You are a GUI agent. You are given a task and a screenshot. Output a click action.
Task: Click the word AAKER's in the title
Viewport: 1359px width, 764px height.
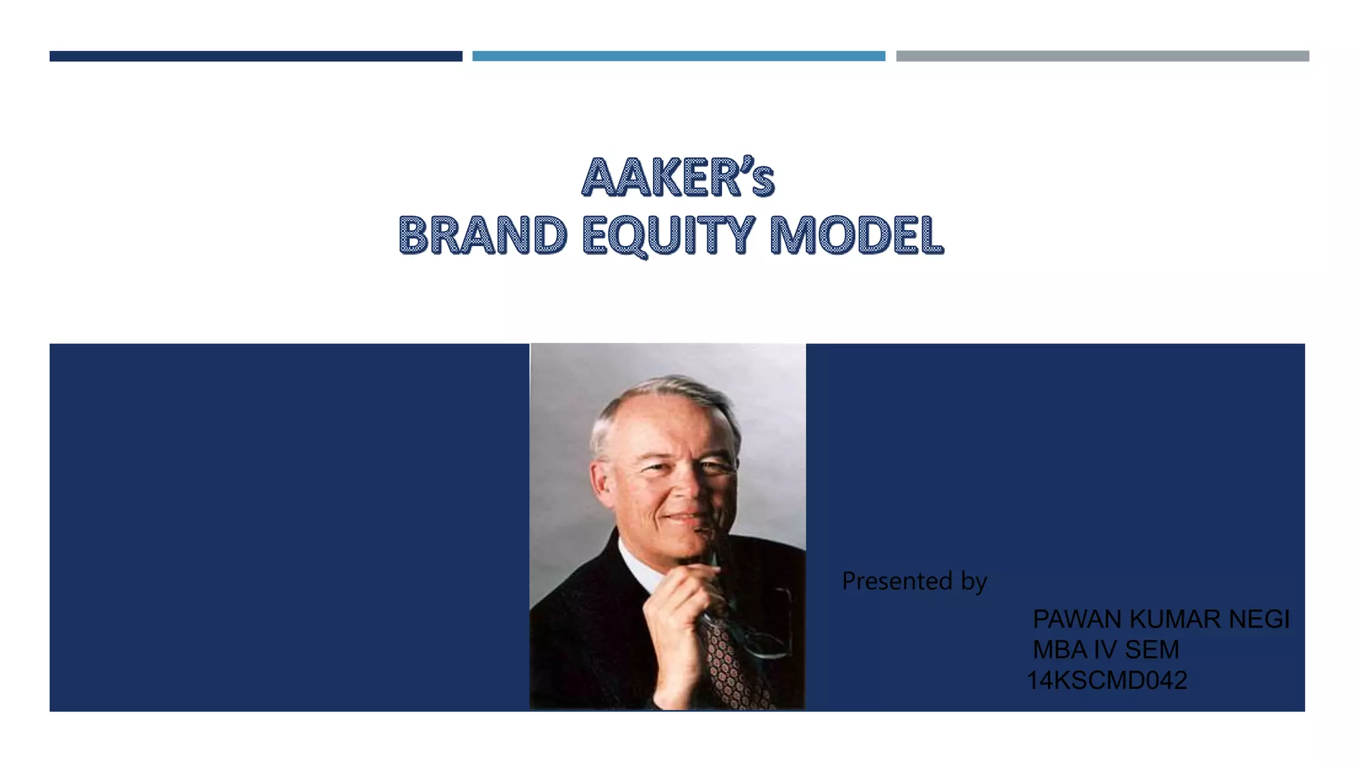[x=678, y=178]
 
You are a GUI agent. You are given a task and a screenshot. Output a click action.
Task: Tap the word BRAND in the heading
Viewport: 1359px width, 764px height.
[x=482, y=235]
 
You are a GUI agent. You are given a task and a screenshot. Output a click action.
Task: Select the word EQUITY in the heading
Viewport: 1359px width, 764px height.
[x=668, y=235]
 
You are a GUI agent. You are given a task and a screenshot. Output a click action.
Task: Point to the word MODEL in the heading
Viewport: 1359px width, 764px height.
[x=856, y=235]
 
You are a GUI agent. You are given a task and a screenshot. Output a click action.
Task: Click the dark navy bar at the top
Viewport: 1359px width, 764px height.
[x=255, y=56]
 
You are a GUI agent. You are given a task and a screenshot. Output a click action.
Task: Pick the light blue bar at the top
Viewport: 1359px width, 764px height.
[x=678, y=56]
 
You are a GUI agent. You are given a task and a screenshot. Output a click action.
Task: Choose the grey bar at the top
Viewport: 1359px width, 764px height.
[x=1102, y=56]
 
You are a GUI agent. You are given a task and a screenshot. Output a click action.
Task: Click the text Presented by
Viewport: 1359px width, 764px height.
[x=914, y=581]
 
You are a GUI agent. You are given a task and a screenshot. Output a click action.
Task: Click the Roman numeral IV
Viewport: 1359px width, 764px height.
[x=1106, y=650]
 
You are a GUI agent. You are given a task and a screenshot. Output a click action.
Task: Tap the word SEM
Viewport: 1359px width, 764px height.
[x=1152, y=650]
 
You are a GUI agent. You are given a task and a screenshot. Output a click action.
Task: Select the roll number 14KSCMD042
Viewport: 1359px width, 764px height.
[x=1107, y=680]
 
